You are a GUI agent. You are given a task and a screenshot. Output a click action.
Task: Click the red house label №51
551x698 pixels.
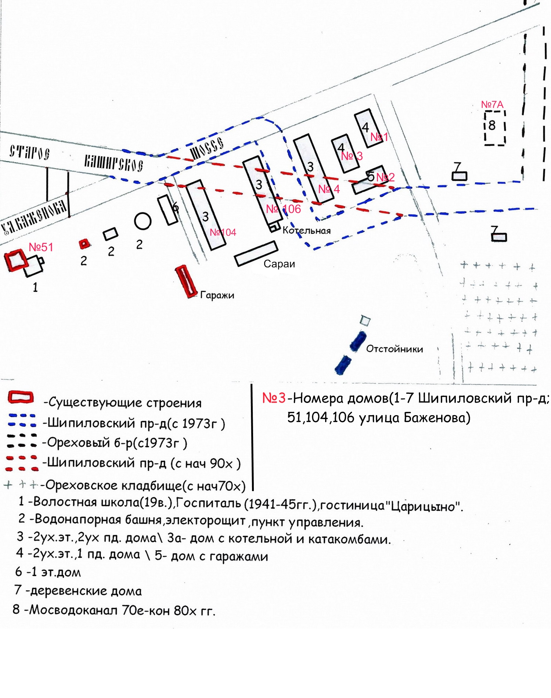[41, 247]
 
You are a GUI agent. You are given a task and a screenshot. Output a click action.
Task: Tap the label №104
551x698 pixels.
[223, 232]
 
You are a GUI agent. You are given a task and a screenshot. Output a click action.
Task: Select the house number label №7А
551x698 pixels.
[492, 105]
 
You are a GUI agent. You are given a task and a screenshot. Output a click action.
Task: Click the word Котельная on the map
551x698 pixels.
[307, 231]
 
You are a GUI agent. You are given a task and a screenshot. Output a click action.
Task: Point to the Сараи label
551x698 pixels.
[279, 264]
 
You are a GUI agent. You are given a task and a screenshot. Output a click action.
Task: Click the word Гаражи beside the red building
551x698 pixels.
[217, 295]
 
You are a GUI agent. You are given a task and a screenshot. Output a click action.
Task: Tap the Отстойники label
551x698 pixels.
[395, 349]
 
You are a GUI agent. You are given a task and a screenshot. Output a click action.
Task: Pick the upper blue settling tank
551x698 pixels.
[358, 341]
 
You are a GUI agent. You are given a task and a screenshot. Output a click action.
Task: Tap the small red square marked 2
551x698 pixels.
[84, 243]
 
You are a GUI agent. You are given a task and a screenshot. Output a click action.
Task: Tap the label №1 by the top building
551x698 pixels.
[379, 137]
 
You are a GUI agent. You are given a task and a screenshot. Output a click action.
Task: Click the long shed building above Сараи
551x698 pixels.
[256, 253]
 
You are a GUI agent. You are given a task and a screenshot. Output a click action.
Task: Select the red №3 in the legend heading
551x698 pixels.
[274, 398]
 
